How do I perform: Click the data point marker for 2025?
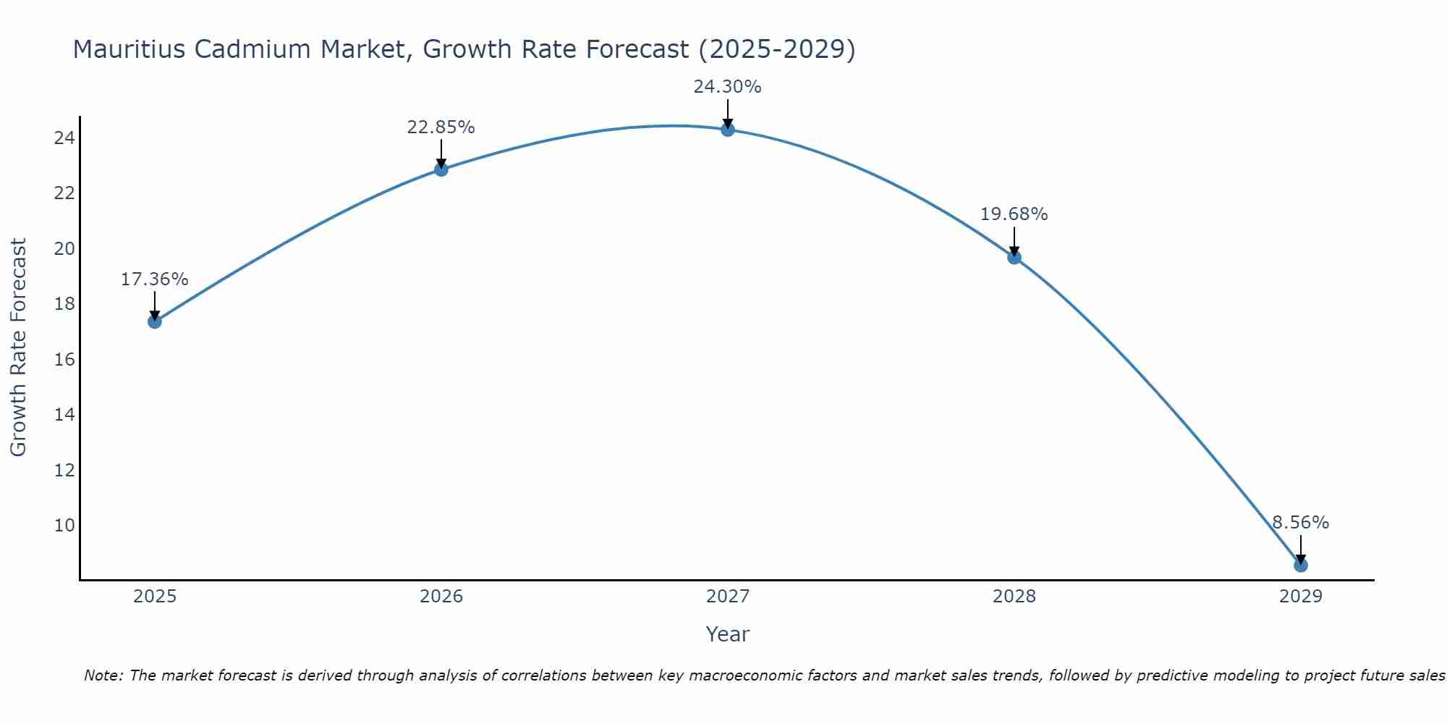point(154,321)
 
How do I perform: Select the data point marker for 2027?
point(727,130)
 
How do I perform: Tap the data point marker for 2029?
point(1300,565)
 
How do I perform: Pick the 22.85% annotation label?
point(441,127)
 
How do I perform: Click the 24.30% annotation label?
point(727,87)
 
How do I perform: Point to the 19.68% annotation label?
point(1014,214)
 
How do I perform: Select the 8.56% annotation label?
point(1300,523)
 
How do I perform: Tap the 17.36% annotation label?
point(154,279)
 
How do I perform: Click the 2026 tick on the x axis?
point(441,597)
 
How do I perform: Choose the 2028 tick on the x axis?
point(1014,597)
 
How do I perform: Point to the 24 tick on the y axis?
point(64,138)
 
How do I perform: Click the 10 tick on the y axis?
point(64,525)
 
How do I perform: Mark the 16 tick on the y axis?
point(64,360)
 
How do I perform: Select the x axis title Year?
point(727,634)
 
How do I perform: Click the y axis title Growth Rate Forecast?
point(18,348)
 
